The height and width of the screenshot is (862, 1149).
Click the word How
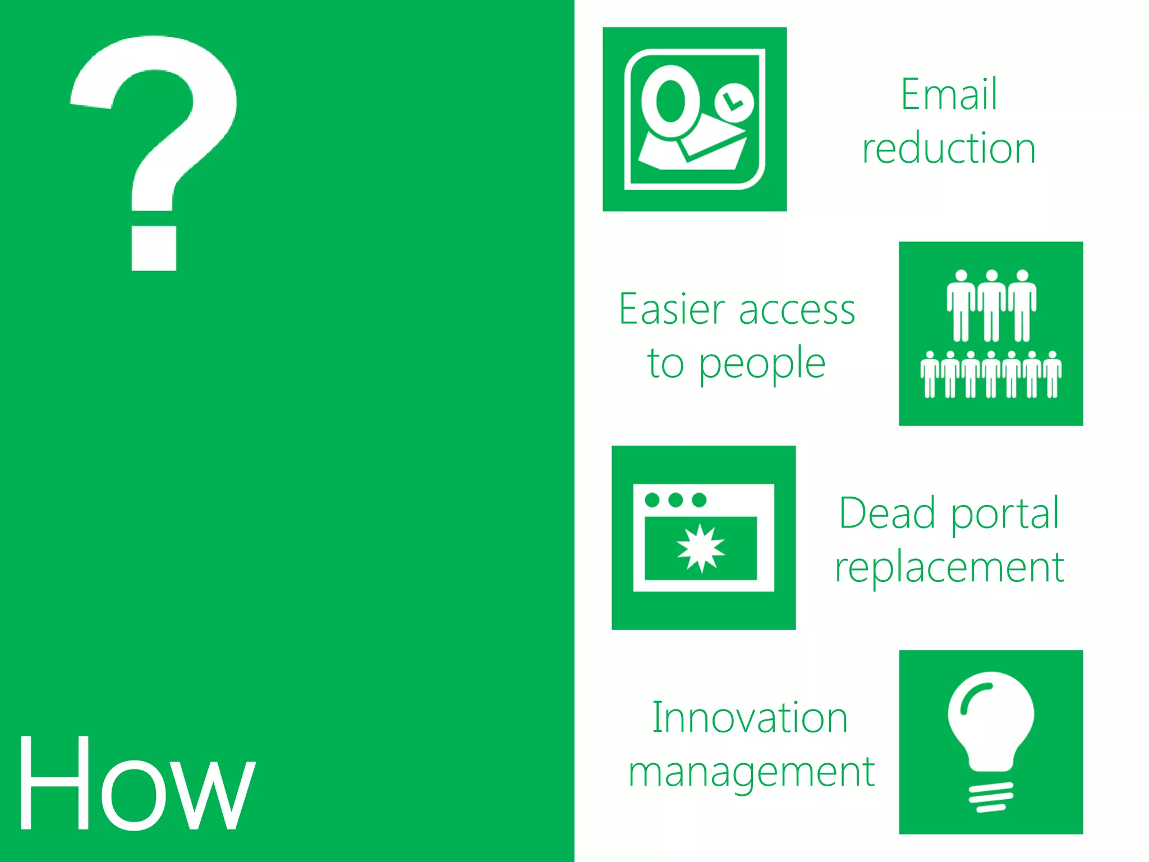click(136, 785)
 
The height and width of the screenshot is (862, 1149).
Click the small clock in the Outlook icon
click(733, 103)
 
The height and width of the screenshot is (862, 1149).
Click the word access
click(797, 310)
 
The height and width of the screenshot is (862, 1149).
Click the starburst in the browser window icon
click(701, 548)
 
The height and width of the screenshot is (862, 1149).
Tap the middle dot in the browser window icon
click(676, 499)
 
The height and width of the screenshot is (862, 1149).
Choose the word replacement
click(949, 568)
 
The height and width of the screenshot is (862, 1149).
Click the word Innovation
click(750, 718)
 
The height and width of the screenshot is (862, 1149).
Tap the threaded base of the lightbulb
click(991, 797)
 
